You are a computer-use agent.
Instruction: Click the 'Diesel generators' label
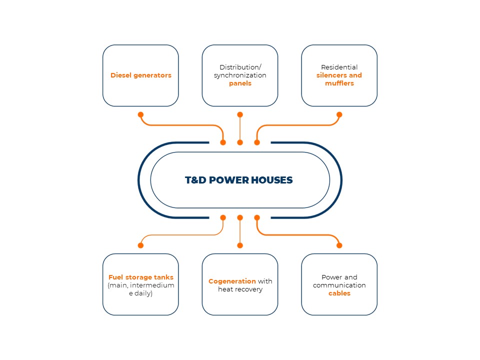tap(141, 75)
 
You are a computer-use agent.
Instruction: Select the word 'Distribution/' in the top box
tap(240, 67)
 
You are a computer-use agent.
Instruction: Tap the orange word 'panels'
tap(240, 83)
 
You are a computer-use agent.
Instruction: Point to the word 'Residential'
tap(339, 67)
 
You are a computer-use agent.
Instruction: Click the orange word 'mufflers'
tap(339, 83)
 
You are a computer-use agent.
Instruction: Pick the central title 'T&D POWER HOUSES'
tap(239, 180)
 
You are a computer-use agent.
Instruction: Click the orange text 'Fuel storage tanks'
tap(141, 277)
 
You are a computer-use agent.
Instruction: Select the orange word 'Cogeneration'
tap(232, 281)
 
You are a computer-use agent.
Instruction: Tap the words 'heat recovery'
tap(240, 289)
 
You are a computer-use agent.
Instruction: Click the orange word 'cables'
tap(339, 293)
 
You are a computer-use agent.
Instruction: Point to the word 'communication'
tap(339, 285)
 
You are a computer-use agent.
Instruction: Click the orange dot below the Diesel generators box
tap(140, 115)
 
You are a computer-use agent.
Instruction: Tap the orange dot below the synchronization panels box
tap(240, 115)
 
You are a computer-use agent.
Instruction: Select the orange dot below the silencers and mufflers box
tap(339, 115)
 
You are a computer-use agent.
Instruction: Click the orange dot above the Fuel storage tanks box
tap(140, 245)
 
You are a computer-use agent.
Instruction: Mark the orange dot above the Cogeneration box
tap(240, 245)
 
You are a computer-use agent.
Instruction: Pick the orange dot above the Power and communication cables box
tap(339, 245)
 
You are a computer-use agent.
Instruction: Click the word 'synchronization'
tap(240, 75)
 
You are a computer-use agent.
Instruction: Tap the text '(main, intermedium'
tap(141, 285)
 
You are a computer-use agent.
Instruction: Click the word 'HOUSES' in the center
tap(272, 180)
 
